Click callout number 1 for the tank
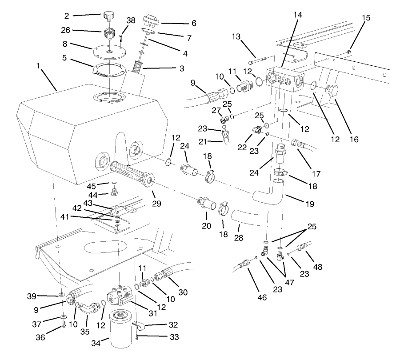tap(39, 65)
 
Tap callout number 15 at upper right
tap(366, 18)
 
